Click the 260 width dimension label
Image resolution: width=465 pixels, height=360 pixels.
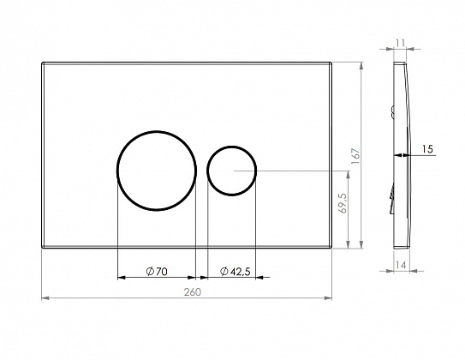click(x=193, y=292)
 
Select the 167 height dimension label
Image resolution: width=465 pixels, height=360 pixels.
click(x=355, y=156)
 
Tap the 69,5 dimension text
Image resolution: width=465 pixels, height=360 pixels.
click(x=343, y=203)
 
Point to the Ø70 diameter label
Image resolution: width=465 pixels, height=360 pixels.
click(x=157, y=271)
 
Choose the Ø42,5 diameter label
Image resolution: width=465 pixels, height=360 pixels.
click(x=235, y=271)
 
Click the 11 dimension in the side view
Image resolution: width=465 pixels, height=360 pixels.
click(x=401, y=44)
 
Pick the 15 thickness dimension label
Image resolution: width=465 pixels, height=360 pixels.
click(x=427, y=149)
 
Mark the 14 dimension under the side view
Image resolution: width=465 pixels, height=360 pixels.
click(x=401, y=265)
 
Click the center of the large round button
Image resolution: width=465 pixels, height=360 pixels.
click(x=157, y=171)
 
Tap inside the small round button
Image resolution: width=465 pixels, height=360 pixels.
click(x=231, y=171)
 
